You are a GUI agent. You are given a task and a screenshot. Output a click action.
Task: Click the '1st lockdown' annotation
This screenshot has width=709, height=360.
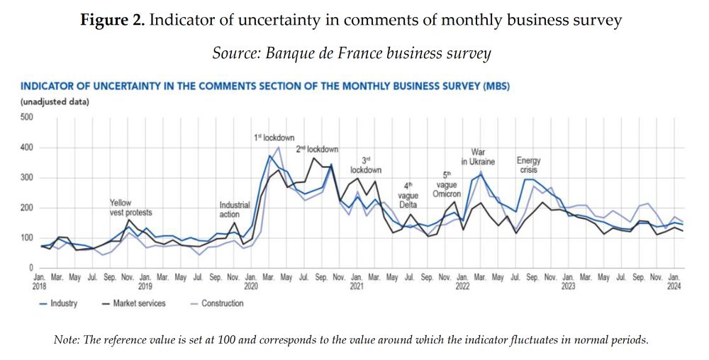coord(274,137)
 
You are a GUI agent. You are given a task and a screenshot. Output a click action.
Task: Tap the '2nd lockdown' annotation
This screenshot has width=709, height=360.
coord(317,150)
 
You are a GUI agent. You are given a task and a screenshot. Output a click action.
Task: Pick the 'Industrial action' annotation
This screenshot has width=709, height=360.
coord(235,209)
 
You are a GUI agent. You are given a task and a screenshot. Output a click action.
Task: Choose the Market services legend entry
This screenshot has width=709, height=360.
coord(135,303)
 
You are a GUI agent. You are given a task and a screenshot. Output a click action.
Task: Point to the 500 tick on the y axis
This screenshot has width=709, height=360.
coord(27,117)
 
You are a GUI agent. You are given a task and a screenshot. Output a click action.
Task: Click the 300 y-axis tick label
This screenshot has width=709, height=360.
coord(27,177)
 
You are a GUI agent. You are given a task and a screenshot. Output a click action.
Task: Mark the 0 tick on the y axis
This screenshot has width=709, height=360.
coord(31,268)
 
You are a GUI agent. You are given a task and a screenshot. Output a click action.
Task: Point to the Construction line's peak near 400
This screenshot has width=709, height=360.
coord(279,147)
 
